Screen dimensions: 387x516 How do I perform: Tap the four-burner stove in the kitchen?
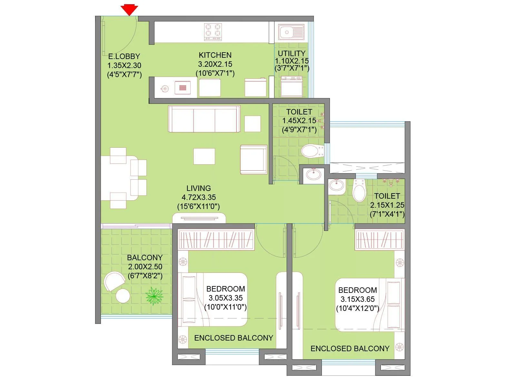pyautogui.click(x=213, y=31)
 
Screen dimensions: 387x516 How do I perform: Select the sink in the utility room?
pyautogui.click(x=292, y=32)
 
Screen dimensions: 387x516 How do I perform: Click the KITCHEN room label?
pyautogui.click(x=215, y=55)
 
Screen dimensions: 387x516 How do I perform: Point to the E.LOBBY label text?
pyautogui.click(x=124, y=56)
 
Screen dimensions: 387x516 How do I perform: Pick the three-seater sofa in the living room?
pyautogui.click(x=204, y=119)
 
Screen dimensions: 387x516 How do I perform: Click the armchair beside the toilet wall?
pyautogui.click(x=253, y=160)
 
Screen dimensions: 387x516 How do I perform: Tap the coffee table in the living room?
pyautogui.click(x=204, y=156)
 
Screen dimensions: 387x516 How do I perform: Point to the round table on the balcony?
pyautogui.click(x=123, y=295)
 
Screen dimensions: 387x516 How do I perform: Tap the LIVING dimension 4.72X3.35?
pyautogui.click(x=199, y=197)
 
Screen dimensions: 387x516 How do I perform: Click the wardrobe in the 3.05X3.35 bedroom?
pyautogui.click(x=216, y=240)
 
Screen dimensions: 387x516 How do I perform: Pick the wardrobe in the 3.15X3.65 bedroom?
pyautogui.click(x=380, y=240)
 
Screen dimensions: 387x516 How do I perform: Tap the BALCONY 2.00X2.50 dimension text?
pyautogui.click(x=145, y=267)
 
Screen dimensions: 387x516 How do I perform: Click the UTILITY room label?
pyautogui.click(x=292, y=54)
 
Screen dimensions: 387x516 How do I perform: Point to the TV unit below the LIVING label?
pyautogui.click(x=199, y=218)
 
